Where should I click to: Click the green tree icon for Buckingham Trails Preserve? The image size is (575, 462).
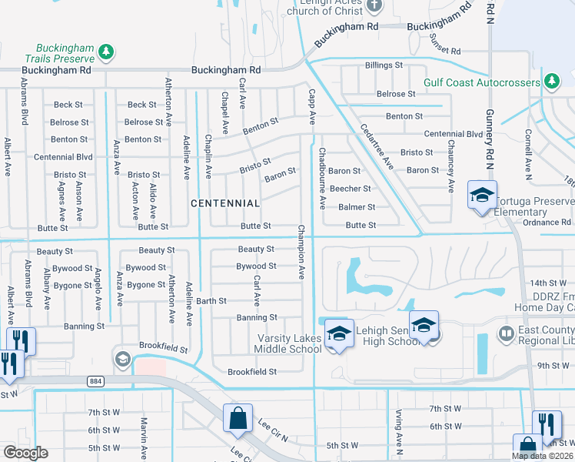tap(107, 52)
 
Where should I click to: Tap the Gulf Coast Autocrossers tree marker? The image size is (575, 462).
tap(551, 81)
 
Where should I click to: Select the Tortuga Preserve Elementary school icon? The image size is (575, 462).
tap(482, 196)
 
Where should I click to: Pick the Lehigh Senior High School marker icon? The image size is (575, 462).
tap(423, 325)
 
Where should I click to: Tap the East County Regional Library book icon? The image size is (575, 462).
tap(506, 333)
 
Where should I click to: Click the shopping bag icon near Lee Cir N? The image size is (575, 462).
tap(238, 419)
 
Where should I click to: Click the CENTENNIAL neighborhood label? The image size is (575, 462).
tap(225, 203)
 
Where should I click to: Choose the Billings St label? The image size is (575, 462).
tap(384, 65)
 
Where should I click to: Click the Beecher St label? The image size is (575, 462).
tap(350, 189)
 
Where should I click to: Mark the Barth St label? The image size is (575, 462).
tap(211, 301)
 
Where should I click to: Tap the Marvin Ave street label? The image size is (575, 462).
tap(144, 437)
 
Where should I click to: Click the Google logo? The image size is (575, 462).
tap(25, 453)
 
